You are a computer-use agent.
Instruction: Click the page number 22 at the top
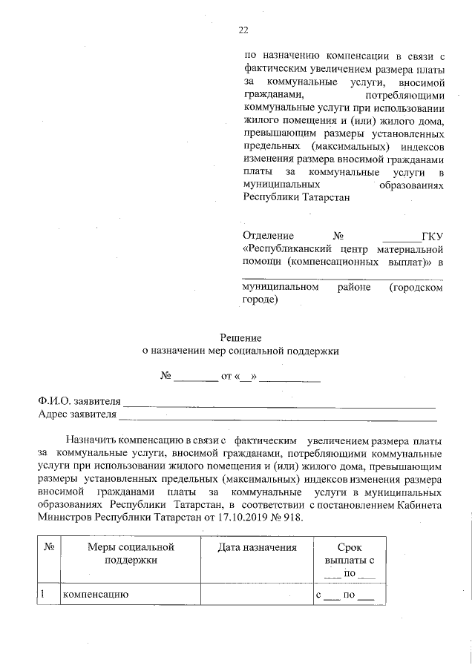[243, 30]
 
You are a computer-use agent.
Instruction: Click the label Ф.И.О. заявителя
[79, 401]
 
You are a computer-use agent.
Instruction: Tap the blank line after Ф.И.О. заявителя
[278, 404]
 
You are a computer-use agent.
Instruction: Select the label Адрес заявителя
[78, 414]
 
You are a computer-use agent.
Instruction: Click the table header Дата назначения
[257, 548]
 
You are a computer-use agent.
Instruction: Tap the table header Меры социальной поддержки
[131, 554]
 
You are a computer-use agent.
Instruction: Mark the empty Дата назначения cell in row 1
[257, 595]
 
